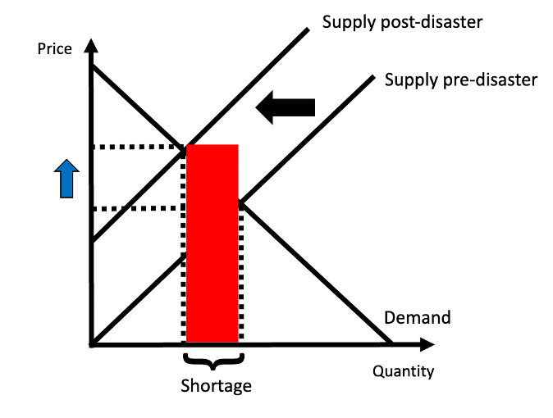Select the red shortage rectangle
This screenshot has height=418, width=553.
coord(213,243)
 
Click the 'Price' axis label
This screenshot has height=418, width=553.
coord(55,49)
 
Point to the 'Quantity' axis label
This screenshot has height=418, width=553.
coord(403,371)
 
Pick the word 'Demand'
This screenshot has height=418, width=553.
coord(417,318)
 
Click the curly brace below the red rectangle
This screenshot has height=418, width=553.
coord(213,361)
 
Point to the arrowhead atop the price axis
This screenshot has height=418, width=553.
coord(93,47)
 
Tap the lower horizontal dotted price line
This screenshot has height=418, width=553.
coord(135,208)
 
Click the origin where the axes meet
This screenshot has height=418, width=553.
coord(93,343)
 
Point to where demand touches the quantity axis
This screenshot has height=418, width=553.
coord(389,343)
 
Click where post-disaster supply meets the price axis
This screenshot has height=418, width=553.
coord(93,240)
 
